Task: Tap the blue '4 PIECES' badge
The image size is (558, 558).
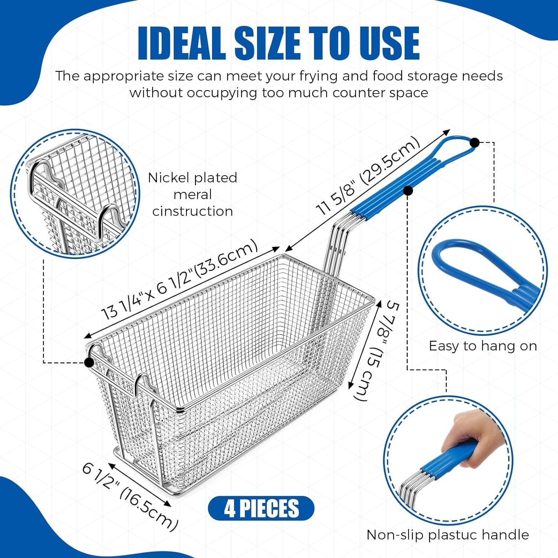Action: pyautogui.click(x=261, y=508)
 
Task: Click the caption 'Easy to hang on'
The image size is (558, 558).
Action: pyautogui.click(x=482, y=346)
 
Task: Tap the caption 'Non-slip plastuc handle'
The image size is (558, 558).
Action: pyautogui.click(x=448, y=535)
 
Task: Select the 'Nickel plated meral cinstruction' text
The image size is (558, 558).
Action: pyautogui.click(x=193, y=194)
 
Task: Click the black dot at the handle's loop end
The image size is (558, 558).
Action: pyautogui.click(x=474, y=142)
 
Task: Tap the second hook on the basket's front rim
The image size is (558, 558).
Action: pyautogui.click(x=143, y=383)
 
